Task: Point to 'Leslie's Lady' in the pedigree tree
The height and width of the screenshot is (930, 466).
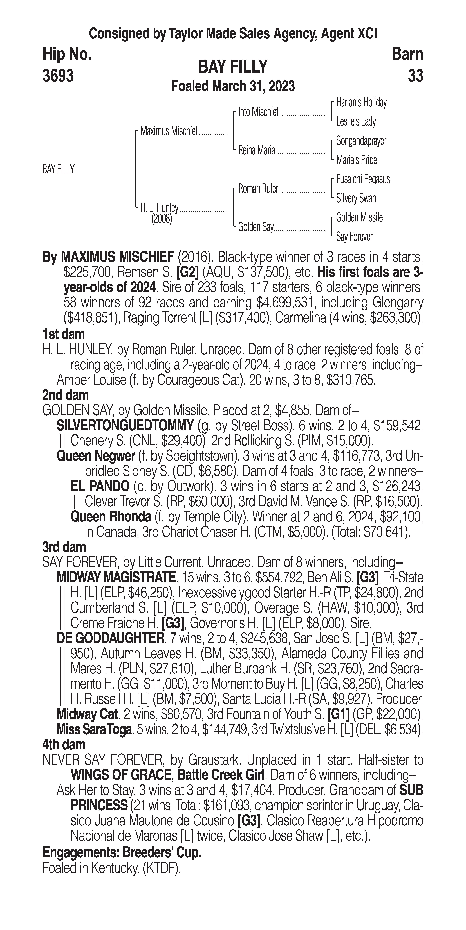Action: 356,122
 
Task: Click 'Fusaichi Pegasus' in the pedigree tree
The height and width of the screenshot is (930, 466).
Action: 363,179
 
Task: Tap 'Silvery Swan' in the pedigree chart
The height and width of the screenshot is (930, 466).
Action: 356,198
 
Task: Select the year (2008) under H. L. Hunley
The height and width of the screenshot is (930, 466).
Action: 162,219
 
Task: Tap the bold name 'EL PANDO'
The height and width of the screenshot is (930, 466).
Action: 100,486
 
